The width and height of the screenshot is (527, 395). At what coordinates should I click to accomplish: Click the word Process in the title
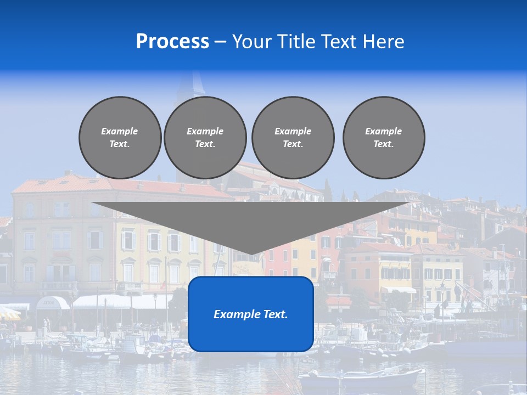(x=172, y=42)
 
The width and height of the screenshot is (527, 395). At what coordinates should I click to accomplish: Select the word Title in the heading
(x=296, y=42)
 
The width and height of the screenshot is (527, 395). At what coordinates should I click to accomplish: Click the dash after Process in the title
(x=220, y=42)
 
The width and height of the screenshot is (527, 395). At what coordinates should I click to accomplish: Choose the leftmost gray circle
(x=120, y=138)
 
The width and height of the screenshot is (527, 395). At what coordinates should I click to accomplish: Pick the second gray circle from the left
(x=205, y=138)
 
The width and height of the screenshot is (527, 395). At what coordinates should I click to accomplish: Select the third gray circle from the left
(x=293, y=138)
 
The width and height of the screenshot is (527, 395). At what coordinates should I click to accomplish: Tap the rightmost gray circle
(x=384, y=138)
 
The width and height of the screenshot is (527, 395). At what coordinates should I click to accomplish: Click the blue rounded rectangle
(x=251, y=335)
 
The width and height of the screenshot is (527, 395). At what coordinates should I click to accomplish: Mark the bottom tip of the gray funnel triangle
(x=251, y=253)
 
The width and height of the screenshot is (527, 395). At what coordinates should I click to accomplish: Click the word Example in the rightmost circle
(x=383, y=131)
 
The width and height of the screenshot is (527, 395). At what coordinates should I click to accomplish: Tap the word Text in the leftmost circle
(x=120, y=144)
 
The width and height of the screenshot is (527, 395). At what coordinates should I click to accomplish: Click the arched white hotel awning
(x=53, y=302)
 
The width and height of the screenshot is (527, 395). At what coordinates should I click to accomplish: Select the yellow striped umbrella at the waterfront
(x=9, y=313)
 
